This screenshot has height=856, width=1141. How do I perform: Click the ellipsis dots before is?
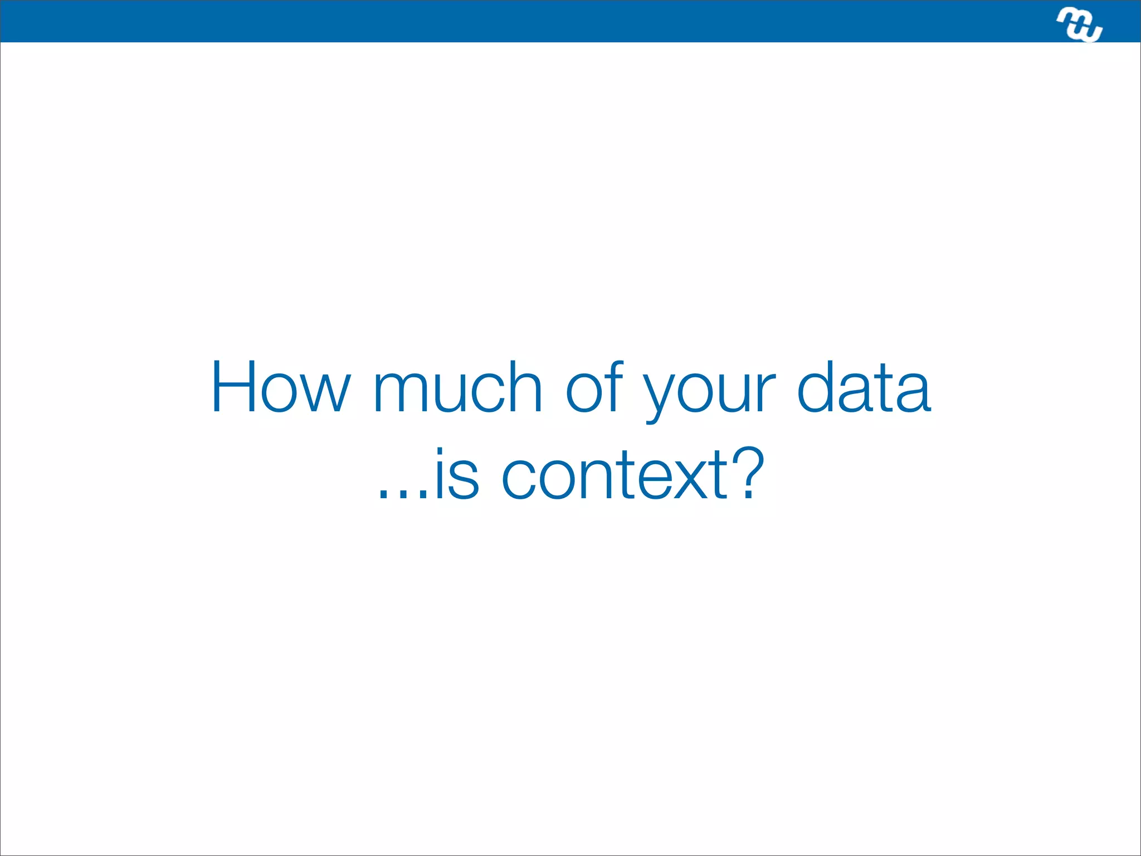point(403,493)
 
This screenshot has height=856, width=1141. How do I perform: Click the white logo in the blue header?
point(1079,25)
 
